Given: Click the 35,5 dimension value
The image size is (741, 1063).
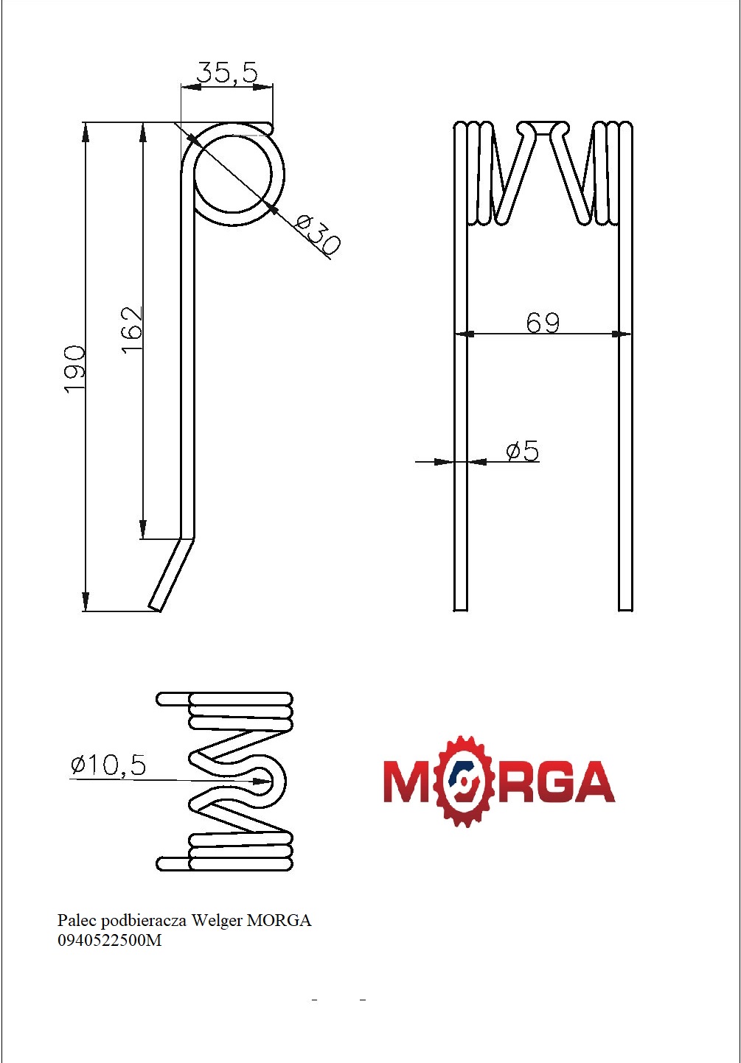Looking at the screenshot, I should pyautogui.click(x=227, y=72).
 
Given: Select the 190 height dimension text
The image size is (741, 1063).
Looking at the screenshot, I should pyautogui.click(x=74, y=368).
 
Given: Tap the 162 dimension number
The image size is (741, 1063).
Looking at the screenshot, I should pyautogui.click(x=132, y=329).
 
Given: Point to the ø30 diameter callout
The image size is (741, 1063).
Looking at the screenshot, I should pyautogui.click(x=318, y=234).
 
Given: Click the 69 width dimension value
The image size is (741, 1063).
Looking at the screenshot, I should pyautogui.click(x=543, y=323).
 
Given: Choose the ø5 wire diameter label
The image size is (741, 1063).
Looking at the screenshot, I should pyautogui.click(x=523, y=451).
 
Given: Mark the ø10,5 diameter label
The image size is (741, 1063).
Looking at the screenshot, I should pyautogui.click(x=108, y=765).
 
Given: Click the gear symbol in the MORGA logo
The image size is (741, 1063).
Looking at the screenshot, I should pyautogui.click(x=464, y=781).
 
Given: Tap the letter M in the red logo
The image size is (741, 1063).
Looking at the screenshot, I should pyautogui.click(x=408, y=782).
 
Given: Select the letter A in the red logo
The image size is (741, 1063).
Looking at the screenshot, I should pyautogui.click(x=592, y=782).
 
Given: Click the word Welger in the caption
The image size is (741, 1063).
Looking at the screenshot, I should pyautogui.click(x=217, y=920).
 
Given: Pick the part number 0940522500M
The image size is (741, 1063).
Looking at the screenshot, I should pyautogui.click(x=109, y=940).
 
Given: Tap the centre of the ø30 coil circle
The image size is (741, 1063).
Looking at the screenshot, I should pyautogui.click(x=233, y=175).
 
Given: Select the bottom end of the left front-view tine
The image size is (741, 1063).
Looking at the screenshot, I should pyautogui.click(x=460, y=606).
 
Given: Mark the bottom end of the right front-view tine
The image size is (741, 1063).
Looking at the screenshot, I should pyautogui.click(x=625, y=606).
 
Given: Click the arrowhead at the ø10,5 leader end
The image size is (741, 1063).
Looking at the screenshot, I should pyautogui.click(x=262, y=781).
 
